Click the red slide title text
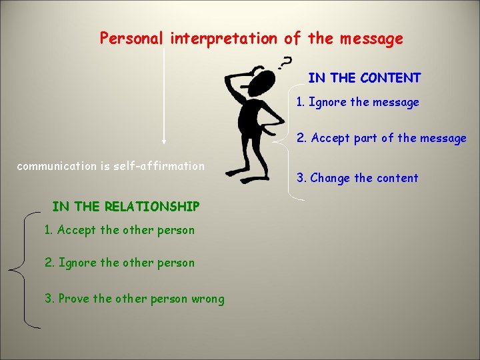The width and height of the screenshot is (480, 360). click(251, 39)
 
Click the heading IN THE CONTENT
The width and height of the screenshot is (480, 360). click(364, 78)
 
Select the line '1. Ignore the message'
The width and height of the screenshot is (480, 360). click(358, 102)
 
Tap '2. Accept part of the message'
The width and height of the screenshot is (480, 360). click(381, 138)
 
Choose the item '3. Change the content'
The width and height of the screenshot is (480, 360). click(357, 178)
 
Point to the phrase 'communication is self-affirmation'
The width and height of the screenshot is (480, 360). click(111, 166)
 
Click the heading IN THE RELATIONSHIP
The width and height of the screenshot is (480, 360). click(125, 207)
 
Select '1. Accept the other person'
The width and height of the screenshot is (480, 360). click(119, 230)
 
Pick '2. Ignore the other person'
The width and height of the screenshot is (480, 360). click(119, 263)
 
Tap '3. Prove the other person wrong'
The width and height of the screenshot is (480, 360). click(134, 299)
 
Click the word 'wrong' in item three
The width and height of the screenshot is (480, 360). click(207, 299)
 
